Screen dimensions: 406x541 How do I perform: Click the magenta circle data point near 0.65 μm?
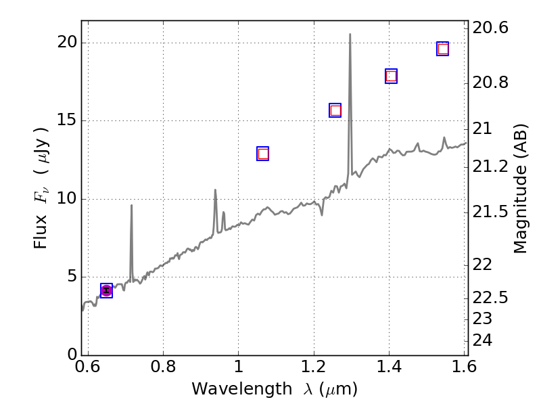click(106, 290)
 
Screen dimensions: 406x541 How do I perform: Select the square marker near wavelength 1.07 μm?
click(263, 154)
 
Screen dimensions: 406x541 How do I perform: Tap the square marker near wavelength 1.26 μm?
click(335, 110)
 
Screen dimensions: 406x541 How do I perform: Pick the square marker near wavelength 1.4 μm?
click(391, 76)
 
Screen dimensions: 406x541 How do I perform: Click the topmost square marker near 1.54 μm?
click(443, 49)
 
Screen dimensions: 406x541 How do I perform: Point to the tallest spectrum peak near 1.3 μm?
click(350, 34)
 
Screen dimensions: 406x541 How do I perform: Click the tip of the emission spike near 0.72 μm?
click(131, 205)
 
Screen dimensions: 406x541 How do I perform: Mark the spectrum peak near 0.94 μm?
click(215, 190)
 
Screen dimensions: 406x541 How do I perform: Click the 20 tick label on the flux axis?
click(68, 43)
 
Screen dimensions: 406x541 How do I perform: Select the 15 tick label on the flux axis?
click(68, 121)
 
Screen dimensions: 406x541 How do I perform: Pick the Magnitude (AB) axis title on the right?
click(520, 188)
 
